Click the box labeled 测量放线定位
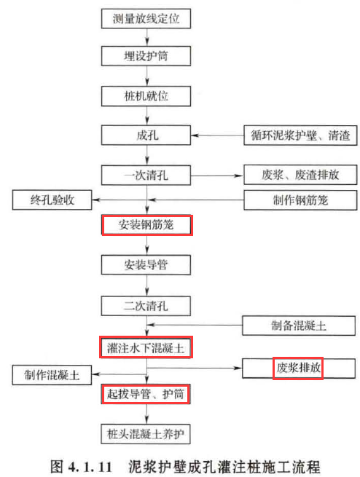pos(146,18)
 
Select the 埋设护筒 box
pos(146,56)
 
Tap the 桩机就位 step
pos(146,96)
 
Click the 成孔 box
pos(146,135)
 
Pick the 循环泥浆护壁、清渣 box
pos(300,135)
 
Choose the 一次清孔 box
pos(146,176)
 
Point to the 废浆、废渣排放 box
pos(300,175)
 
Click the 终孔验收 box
pos(52,200)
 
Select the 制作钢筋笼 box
pos(300,200)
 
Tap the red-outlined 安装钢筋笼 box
pos(147,225)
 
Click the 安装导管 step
pos(146,265)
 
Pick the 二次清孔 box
pos(146,306)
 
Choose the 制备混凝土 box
pos(299,326)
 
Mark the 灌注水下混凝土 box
pos(146,347)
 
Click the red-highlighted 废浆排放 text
pos(298,368)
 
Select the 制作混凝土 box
pos(52,375)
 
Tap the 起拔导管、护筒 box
pos(146,394)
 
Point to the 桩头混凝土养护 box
pos(146,434)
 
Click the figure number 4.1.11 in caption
pos(90,466)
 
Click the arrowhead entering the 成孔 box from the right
pos(195,135)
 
